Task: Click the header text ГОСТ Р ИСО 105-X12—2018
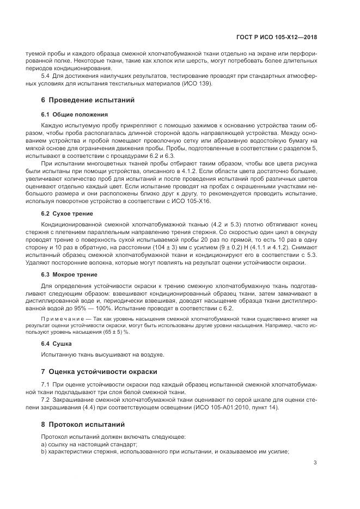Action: click(x=284, y=38)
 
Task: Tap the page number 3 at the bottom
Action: click(x=315, y=463)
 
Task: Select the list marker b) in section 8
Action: click(x=44, y=451)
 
